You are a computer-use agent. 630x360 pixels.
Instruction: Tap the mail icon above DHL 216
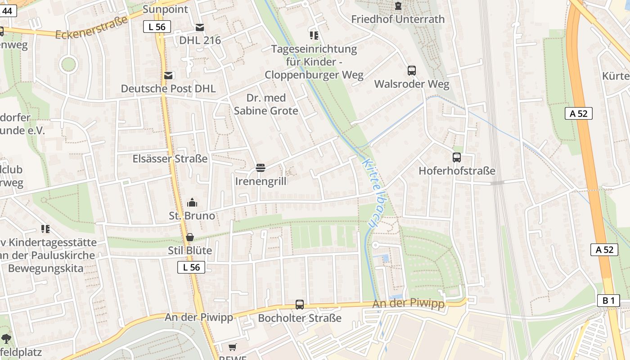[x=200, y=27]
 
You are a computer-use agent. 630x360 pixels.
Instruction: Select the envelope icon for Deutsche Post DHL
[x=168, y=76]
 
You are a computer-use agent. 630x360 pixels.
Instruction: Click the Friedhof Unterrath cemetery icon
[x=398, y=6]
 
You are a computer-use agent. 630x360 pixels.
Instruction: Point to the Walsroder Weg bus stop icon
[x=411, y=71]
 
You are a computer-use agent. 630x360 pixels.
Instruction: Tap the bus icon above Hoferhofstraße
[x=456, y=157]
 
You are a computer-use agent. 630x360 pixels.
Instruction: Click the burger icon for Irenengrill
[x=260, y=168]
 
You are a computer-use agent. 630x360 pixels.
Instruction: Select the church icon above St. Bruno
[x=192, y=202]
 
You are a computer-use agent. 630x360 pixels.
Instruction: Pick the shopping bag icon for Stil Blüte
[x=190, y=237]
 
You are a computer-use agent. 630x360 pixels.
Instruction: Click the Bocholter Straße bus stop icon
[x=300, y=305]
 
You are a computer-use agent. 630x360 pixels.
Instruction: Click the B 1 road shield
[x=608, y=301]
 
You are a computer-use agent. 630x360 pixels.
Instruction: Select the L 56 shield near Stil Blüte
[x=191, y=267]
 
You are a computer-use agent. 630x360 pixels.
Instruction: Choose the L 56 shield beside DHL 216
[x=157, y=27]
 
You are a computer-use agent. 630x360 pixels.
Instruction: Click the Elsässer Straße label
[x=170, y=159]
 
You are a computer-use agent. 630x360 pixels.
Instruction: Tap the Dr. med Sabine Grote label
[x=266, y=104]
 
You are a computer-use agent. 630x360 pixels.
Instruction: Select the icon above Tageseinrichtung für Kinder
[x=314, y=35]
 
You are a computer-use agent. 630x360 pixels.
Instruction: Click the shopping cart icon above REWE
[x=232, y=347]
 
